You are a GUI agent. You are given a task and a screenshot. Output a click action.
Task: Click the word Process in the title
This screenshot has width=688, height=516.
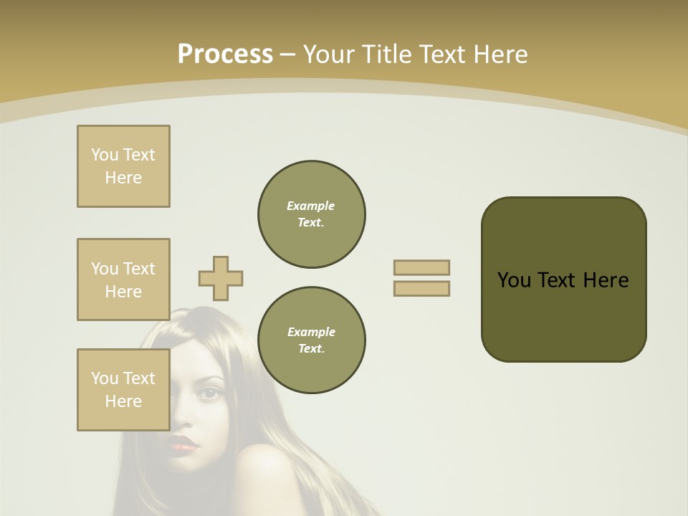pyautogui.click(x=225, y=54)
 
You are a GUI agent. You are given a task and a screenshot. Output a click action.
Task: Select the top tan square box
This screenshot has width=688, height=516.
pyautogui.click(x=123, y=166)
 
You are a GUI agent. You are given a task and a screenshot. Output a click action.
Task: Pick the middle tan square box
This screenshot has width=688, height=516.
pyautogui.click(x=123, y=279)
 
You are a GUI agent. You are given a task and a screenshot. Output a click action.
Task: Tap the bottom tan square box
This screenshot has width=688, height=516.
pyautogui.click(x=123, y=390)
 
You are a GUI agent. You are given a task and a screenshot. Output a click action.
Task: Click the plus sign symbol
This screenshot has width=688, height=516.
pyautogui.click(x=221, y=278)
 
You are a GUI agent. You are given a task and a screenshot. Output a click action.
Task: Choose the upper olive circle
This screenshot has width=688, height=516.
pyautogui.click(x=311, y=214)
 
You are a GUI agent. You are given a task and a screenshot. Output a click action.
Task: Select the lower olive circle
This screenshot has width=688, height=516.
pyautogui.click(x=311, y=340)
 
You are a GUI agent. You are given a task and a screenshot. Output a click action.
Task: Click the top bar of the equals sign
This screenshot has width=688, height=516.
pyautogui.click(x=421, y=267)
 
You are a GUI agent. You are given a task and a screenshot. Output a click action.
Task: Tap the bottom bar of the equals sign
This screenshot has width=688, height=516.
pyautogui.click(x=421, y=289)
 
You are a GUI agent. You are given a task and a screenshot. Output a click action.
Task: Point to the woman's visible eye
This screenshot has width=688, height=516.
pyautogui.click(x=210, y=393)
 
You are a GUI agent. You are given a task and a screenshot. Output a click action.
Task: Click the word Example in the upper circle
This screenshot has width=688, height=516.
pyautogui.click(x=311, y=206)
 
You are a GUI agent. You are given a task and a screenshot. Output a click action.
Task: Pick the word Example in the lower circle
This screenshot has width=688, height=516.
pyautogui.click(x=311, y=332)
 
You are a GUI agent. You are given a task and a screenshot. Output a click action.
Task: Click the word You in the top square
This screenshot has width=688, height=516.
pyautogui.click(x=104, y=155)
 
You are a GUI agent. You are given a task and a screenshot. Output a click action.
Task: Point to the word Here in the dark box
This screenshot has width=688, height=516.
pyautogui.click(x=606, y=280)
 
